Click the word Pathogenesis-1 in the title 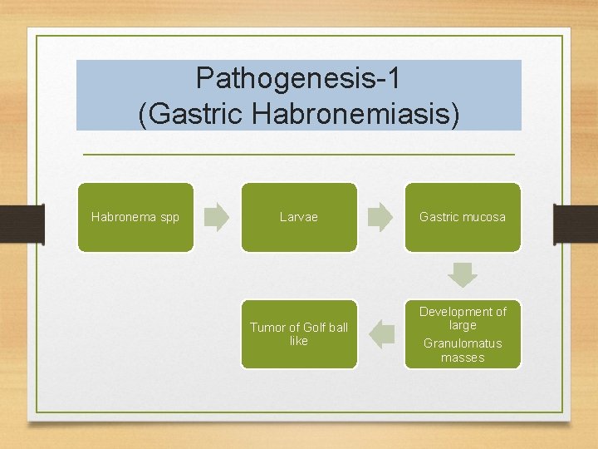(298, 78)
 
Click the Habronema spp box (135, 217)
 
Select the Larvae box (299, 217)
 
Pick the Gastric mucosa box (463, 217)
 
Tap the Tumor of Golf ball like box (299, 334)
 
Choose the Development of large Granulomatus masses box (463, 334)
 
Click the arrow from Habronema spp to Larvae (217, 217)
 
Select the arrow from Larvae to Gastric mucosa (380, 217)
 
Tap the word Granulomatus (463, 343)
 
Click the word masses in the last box (463, 358)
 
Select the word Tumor (267, 328)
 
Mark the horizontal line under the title (299, 155)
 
